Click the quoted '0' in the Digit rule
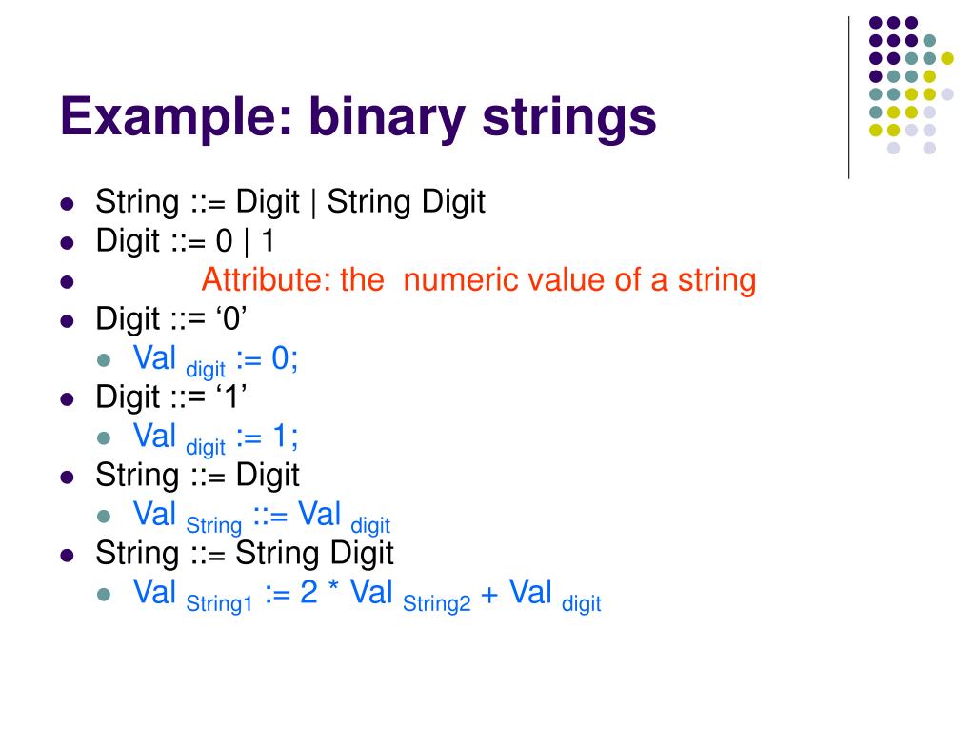tap(230, 318)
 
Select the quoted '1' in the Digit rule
tap(230, 396)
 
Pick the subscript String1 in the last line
tap(219, 603)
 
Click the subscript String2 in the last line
tap(437, 603)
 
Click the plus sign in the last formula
tap(489, 594)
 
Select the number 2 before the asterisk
tap(308, 593)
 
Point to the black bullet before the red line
tap(67, 282)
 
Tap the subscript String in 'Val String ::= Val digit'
tap(214, 525)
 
